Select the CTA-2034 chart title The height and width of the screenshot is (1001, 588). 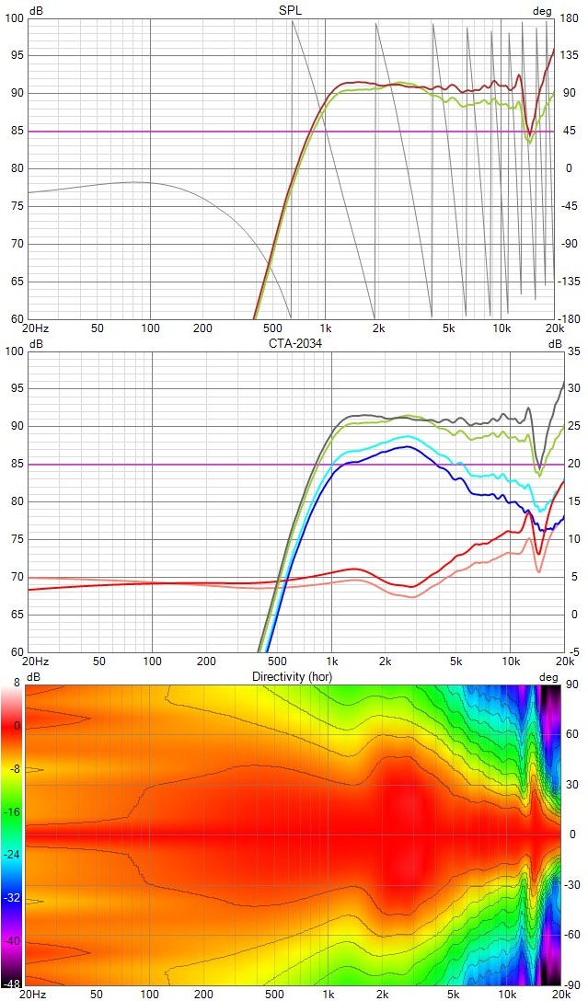(x=291, y=343)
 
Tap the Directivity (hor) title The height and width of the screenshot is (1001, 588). (x=292, y=676)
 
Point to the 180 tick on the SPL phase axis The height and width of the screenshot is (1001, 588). (x=570, y=18)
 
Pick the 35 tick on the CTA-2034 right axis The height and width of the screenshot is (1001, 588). (x=572, y=351)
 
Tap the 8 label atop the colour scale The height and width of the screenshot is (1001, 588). (x=17, y=683)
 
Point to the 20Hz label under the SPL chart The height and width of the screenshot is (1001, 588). (x=35, y=328)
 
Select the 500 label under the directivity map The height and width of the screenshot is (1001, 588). (x=273, y=995)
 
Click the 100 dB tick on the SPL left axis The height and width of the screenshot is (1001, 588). (x=13, y=18)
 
